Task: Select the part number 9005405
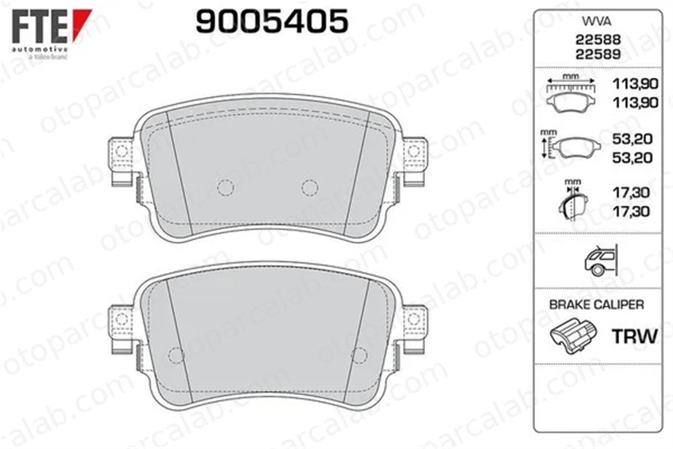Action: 272,21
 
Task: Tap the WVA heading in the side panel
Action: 596,22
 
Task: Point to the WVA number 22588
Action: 598,40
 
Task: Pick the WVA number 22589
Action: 598,54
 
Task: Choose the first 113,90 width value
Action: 635,84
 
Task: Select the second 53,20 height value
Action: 632,158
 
